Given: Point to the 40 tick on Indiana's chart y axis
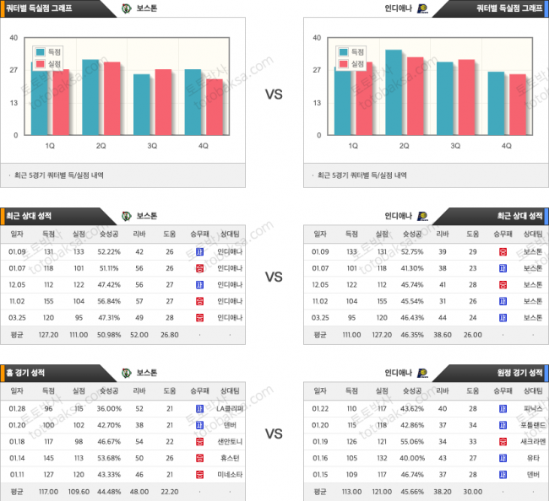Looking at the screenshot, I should coord(316,38).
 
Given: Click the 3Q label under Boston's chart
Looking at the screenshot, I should coord(152,145).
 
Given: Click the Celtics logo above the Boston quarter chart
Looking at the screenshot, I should coord(127,8).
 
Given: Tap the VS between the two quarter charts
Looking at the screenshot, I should coord(274,94).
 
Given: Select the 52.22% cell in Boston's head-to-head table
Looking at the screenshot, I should coord(109,250).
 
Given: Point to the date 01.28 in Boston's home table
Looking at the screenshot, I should coord(18,407).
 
